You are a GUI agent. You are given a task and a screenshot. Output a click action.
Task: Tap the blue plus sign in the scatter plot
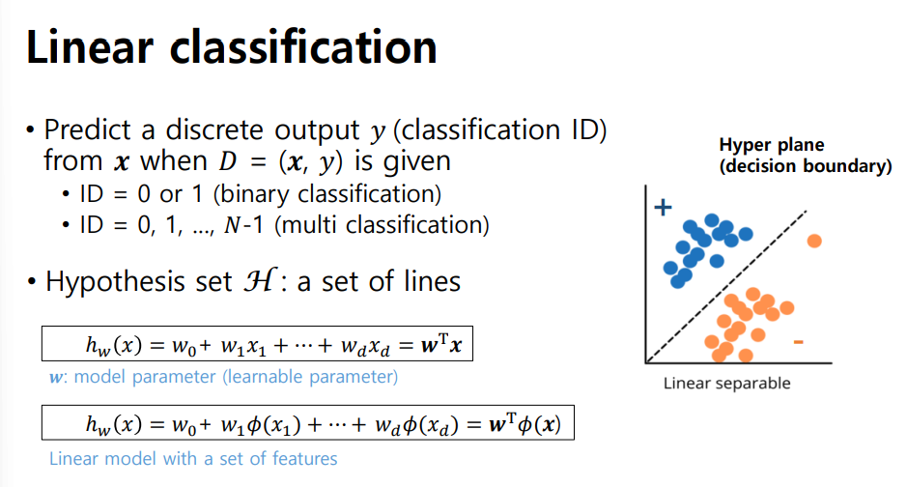(663, 209)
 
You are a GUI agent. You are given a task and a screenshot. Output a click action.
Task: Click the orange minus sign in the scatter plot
(798, 342)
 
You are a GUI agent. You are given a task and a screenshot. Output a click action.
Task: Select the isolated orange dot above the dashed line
(814, 241)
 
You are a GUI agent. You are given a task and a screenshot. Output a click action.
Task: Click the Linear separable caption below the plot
(726, 384)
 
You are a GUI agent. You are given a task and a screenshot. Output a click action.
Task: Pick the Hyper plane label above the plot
(771, 145)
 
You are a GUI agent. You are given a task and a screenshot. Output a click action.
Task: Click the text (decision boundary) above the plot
(805, 165)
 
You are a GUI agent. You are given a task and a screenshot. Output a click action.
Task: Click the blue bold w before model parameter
(54, 376)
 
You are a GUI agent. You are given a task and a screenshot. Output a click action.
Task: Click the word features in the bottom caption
(304, 458)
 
